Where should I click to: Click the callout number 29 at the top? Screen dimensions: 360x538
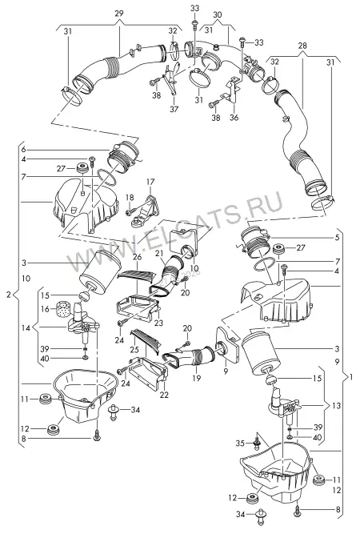tap(119, 14)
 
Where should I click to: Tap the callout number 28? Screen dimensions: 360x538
tap(302, 46)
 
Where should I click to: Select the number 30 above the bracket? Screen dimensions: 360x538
tap(218, 14)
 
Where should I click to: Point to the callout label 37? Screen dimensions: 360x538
tap(174, 109)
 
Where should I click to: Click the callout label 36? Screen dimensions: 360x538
tap(234, 118)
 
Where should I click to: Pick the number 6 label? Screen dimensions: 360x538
tap(24, 150)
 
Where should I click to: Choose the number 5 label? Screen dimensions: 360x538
tap(337, 238)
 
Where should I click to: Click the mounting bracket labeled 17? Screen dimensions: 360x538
tap(146, 211)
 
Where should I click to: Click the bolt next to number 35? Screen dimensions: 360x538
tap(256, 443)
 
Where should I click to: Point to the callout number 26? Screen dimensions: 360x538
tap(138, 257)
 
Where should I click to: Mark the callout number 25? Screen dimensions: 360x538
tap(134, 350)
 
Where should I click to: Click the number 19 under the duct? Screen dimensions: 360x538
tap(196, 379)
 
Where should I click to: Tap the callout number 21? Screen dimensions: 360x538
tap(158, 254)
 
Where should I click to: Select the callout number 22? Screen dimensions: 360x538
tap(164, 395)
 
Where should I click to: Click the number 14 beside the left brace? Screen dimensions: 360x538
tap(26, 328)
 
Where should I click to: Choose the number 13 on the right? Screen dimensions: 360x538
tap(336, 406)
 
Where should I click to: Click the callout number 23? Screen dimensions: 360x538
tap(158, 323)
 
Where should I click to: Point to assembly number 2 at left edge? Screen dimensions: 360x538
tap(9, 295)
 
